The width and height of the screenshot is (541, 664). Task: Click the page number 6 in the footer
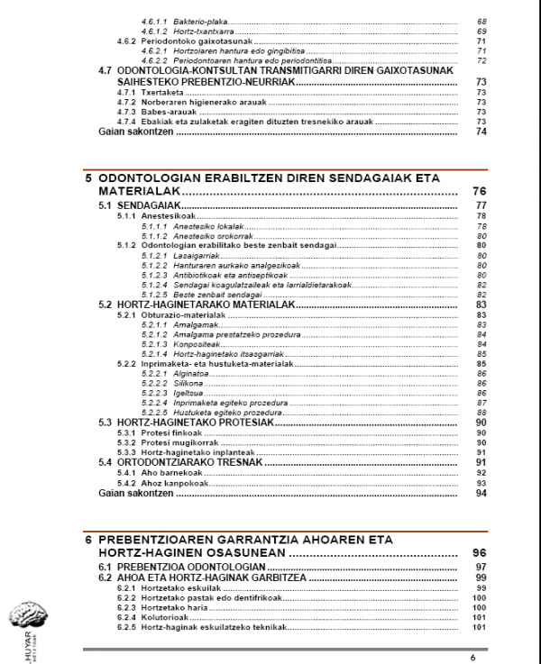[472, 657]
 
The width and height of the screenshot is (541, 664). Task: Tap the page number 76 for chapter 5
[479, 192]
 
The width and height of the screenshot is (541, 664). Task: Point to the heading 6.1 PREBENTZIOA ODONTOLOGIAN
[169, 566]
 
